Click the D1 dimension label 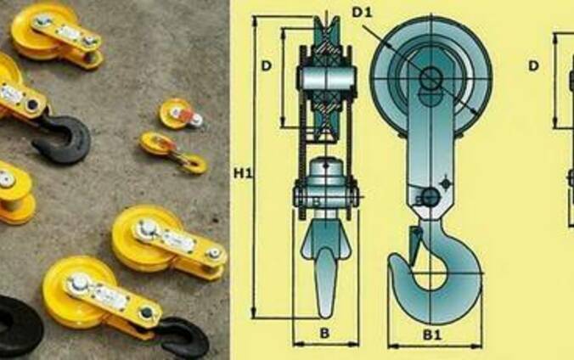click(x=362, y=13)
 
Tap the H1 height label click(x=243, y=173)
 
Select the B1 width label click(x=433, y=335)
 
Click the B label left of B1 click(x=324, y=334)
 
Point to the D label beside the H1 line click(x=267, y=66)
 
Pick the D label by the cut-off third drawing click(x=534, y=66)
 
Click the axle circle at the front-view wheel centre click(x=430, y=77)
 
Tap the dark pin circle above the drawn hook click(x=430, y=198)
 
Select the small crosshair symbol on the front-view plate click(x=445, y=183)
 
